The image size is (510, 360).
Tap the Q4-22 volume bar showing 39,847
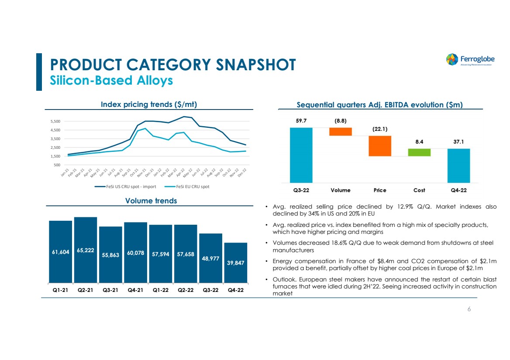[x=236, y=262]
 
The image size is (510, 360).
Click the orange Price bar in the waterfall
[x=380, y=146]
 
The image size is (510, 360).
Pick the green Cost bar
[x=419, y=152]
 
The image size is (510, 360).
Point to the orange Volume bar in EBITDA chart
[x=341, y=131]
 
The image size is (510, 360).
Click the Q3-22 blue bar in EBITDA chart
[x=301, y=155]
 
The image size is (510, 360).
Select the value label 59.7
[x=301, y=121]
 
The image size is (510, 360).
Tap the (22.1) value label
[x=380, y=129]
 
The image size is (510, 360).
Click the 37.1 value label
[x=458, y=142]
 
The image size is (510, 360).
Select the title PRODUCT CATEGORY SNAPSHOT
[x=173, y=65]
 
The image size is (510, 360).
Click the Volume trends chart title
[x=151, y=201]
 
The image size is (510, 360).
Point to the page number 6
[x=469, y=309]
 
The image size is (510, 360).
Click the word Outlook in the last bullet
[x=282, y=279]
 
